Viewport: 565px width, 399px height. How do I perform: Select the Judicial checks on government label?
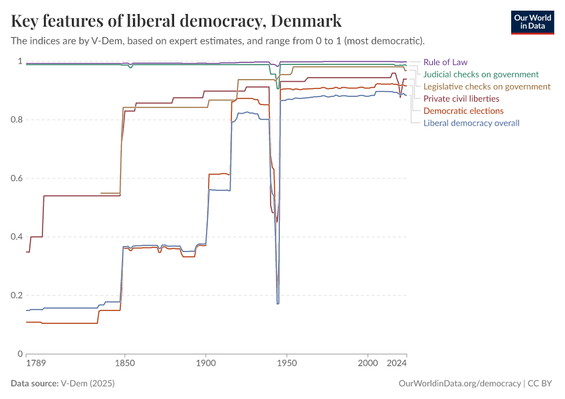point(481,74)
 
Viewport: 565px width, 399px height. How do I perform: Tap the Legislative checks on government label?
point(487,86)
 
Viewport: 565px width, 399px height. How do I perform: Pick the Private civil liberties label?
point(461,98)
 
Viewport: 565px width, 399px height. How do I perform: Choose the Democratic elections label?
point(463,110)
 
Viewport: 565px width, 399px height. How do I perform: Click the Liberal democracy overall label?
point(471,122)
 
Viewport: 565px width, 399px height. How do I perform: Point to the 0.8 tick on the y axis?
point(16,120)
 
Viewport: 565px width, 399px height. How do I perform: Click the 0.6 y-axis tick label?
point(16,178)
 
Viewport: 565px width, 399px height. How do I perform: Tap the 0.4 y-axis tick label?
point(16,237)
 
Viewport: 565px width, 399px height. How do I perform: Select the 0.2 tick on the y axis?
point(16,295)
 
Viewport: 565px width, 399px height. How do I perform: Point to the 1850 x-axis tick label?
point(124,364)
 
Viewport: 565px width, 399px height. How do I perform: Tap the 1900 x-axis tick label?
point(205,364)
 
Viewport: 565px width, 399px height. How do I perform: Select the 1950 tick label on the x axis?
point(286,364)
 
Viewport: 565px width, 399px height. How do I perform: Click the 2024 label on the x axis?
point(397,364)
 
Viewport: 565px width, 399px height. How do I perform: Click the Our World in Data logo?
point(532,21)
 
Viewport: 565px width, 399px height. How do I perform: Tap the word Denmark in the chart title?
point(304,21)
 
